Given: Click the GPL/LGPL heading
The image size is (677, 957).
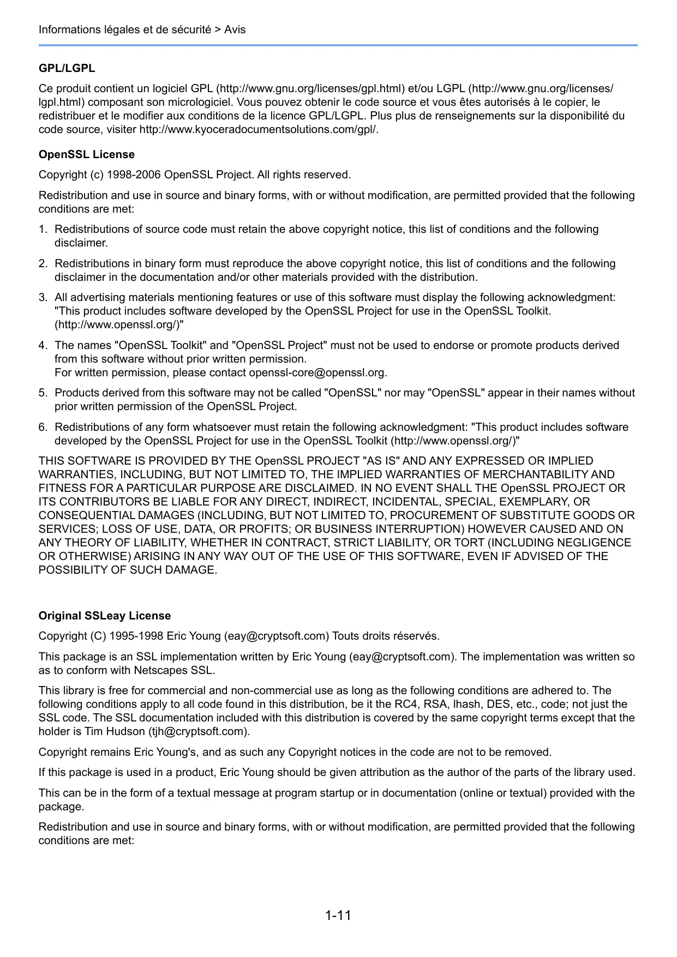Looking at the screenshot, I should coord(67,68).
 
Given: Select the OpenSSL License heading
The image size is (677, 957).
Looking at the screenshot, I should coord(86,154).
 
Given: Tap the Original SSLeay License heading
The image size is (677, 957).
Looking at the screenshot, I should coord(104,616).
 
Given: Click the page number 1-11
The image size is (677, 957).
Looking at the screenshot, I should coord(338,915).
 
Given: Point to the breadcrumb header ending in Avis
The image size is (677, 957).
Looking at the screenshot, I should coord(142,29).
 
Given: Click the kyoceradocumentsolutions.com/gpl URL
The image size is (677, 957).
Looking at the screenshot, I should coord(259,130).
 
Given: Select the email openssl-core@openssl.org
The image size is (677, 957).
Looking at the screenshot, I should coord(317,373).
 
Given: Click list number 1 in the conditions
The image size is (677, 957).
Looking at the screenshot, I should coord(43,230).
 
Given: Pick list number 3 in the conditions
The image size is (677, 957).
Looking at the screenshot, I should coord(43,298).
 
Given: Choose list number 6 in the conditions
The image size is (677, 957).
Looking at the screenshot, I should coord(43,428).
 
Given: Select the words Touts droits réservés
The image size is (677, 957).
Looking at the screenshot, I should coord(385,636).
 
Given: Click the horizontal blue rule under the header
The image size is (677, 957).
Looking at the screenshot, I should coord(338,45).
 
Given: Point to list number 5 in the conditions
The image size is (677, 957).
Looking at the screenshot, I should coord(43,393).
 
